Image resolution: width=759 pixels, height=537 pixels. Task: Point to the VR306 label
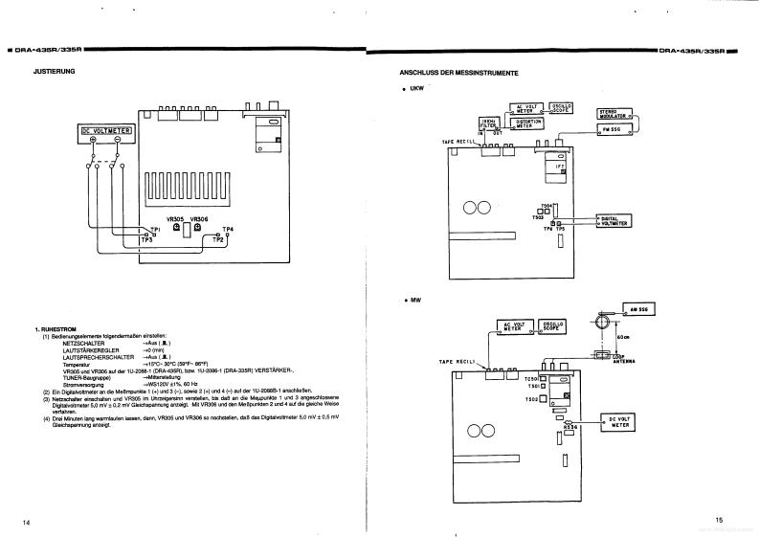click(x=198, y=218)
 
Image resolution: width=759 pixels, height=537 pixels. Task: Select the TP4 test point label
click(x=228, y=229)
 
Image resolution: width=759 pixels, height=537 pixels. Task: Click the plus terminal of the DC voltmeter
click(x=93, y=141)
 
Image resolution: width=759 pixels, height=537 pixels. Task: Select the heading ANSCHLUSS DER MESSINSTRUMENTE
click(x=458, y=74)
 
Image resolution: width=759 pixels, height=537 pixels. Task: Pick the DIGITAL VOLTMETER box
click(x=613, y=220)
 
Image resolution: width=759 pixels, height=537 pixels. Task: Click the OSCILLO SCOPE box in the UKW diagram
click(x=560, y=107)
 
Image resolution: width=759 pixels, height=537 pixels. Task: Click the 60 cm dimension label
click(x=623, y=337)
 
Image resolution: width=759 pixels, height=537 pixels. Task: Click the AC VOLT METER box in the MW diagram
click(x=516, y=326)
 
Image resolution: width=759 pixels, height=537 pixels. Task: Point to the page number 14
click(x=27, y=521)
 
